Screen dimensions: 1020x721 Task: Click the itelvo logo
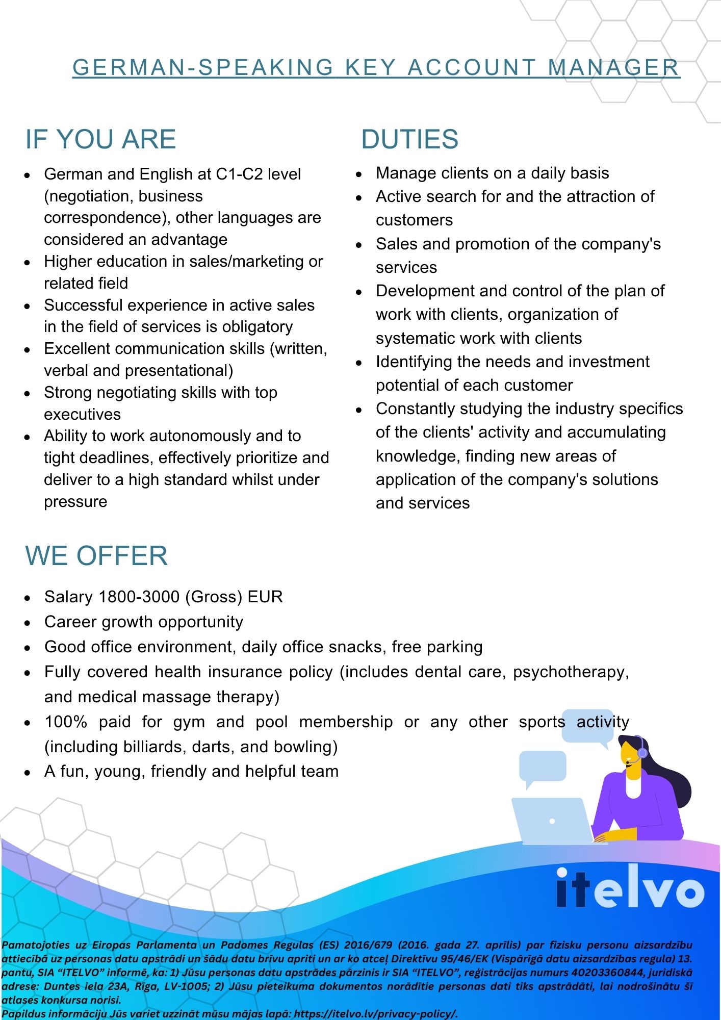tap(630, 888)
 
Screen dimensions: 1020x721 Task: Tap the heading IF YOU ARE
tap(100, 139)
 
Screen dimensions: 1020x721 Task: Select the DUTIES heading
tap(409, 139)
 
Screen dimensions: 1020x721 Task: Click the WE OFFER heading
tap(96, 555)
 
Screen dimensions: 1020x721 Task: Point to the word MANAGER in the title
tap(614, 67)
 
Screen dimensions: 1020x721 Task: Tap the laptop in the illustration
tap(552, 821)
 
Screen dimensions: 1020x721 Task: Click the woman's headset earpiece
tap(642, 752)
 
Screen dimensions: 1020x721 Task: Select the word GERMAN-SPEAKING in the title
tap(203, 67)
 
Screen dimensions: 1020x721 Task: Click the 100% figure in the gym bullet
tap(66, 722)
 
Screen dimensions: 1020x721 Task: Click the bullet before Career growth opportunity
tap(28, 623)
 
